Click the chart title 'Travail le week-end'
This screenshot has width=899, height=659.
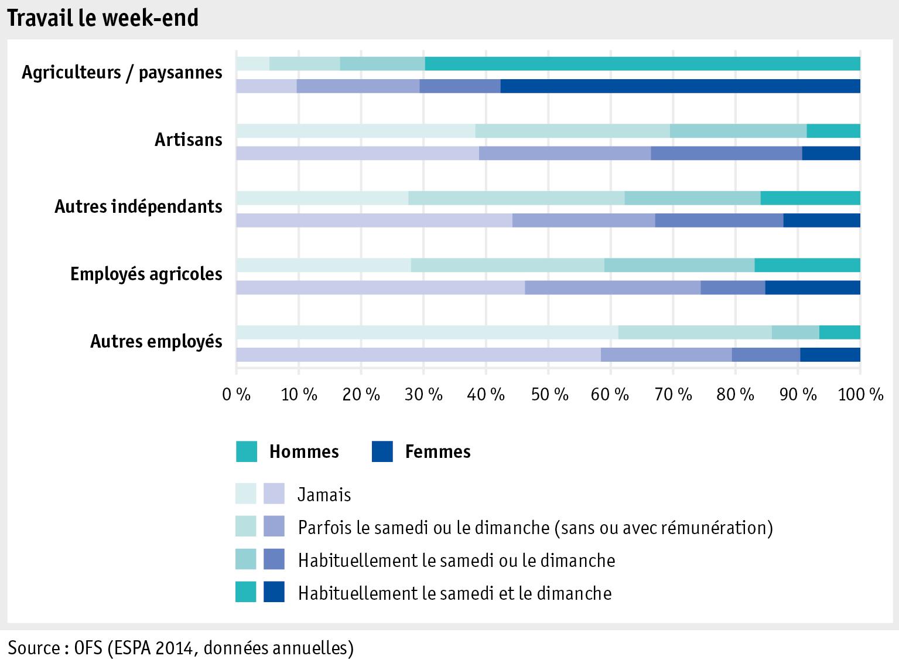coord(103,18)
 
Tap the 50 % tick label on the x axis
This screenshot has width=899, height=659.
coord(549,395)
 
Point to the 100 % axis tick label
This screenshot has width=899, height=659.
coord(860,395)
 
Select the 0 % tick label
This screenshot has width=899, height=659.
coord(236,395)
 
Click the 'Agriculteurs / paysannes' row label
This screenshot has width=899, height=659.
coord(122,73)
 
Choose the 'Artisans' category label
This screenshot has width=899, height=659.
coord(188,140)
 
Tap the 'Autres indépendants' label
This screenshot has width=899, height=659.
coord(138,206)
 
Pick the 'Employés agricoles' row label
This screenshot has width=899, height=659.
coord(146,274)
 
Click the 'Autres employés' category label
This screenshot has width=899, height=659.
coord(156,341)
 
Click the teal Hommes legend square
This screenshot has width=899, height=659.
coord(247,451)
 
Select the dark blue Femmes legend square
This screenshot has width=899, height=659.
coord(382,451)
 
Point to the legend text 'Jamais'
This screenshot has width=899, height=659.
coord(324,495)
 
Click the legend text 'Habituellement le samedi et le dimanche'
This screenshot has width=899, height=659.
coord(454,593)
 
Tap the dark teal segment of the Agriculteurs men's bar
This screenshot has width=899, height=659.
coord(642,64)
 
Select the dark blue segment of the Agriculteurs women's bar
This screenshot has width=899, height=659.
coord(680,86)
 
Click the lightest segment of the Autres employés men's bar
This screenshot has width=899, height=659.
coord(427,332)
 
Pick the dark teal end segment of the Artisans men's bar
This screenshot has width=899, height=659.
coord(833,131)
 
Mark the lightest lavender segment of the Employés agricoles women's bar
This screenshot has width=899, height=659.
coord(380,288)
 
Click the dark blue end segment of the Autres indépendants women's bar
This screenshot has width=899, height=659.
coord(821,220)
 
